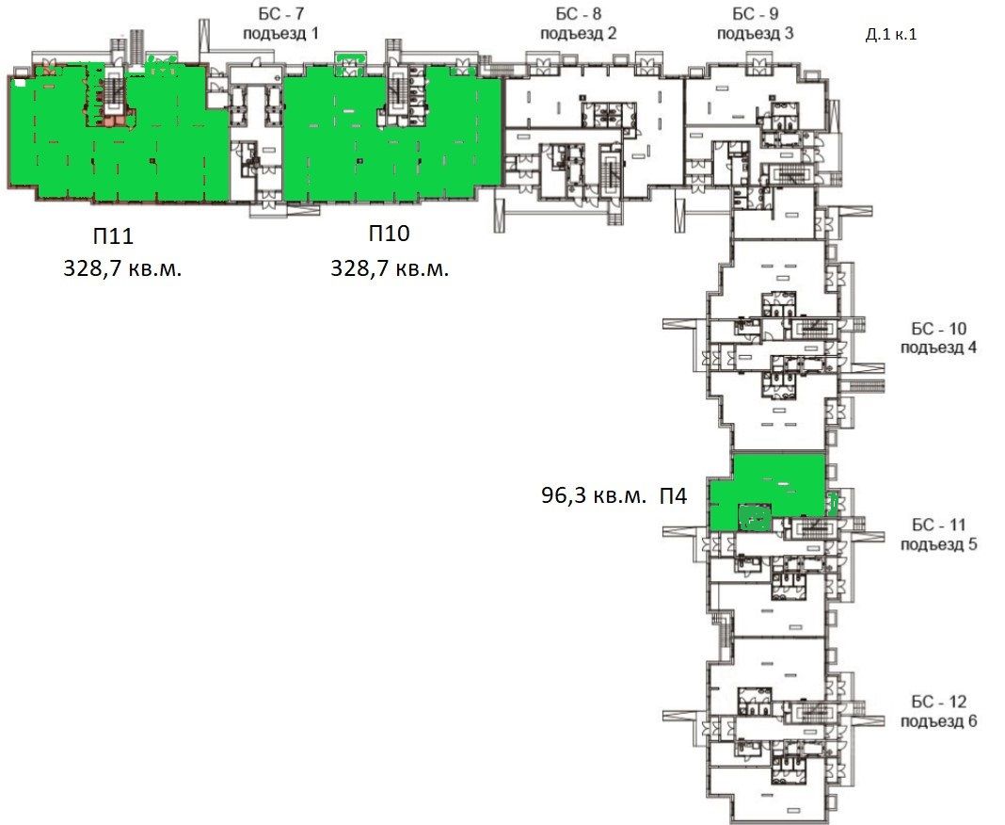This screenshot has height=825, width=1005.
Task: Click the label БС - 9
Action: tap(756, 15)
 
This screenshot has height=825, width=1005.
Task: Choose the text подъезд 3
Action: tap(756, 33)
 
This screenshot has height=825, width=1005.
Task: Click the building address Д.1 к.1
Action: tap(890, 35)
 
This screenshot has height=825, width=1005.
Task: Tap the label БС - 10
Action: tap(938, 329)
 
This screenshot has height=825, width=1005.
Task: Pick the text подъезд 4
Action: tap(938, 347)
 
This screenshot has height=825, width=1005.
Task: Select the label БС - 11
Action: tap(937, 526)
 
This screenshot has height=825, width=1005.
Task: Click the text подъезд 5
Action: tap(938, 543)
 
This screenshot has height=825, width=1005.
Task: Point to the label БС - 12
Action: tap(938, 703)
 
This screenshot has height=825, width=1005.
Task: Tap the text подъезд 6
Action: tap(938, 721)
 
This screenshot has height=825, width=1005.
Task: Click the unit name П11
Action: tap(114, 235)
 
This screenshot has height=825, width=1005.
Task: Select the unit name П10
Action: tap(389, 234)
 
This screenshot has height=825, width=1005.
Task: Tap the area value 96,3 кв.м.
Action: tap(594, 496)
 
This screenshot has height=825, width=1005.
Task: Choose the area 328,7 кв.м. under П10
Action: tap(390, 268)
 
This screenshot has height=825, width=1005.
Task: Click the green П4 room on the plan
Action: tap(767, 490)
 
